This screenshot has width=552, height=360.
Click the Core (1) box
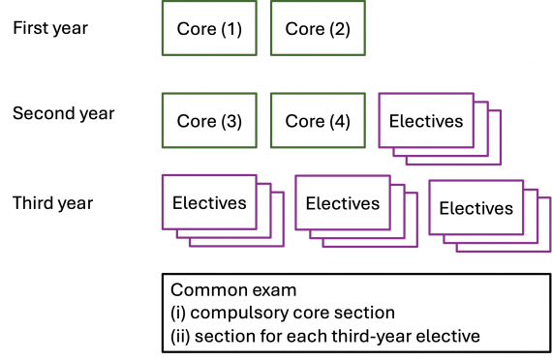tap(208, 29)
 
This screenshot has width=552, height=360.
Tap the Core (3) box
tap(208, 121)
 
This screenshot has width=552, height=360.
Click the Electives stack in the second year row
tap(426, 121)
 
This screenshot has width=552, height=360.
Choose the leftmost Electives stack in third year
tap(209, 203)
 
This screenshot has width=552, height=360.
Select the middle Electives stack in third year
tap(343, 203)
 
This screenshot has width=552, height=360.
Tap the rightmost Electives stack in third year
tap(475, 208)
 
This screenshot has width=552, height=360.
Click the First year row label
tap(50, 28)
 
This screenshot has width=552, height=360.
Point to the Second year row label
tap(63, 114)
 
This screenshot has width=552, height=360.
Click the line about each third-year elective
tap(323, 336)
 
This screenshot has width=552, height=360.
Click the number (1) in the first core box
tap(230, 29)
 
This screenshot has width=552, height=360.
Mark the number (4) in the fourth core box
tap(338, 122)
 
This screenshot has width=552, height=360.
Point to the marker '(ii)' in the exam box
tap(181, 336)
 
